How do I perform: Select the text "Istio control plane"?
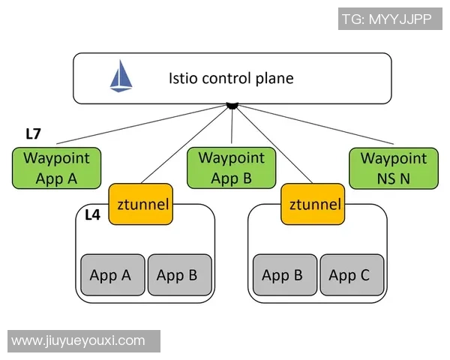[230, 78]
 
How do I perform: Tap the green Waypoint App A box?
[56, 168]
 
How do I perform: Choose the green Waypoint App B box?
[232, 168]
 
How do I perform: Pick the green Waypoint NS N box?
[394, 168]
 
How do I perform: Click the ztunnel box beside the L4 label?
[141, 203]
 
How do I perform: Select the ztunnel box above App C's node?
[313, 203]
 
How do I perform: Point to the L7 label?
[33, 134]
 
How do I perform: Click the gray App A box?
[110, 275]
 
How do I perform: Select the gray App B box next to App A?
[177, 275]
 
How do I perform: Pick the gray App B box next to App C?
[282, 275]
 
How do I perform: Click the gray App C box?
[349, 275]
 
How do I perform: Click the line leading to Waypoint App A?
[142, 125]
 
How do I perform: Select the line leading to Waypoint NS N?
[315, 125]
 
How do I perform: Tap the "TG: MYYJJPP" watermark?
[389, 19]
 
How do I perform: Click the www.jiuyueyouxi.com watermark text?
[79, 340]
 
